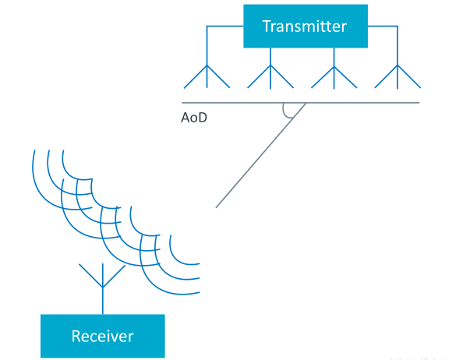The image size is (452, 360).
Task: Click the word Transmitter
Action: (x=305, y=26)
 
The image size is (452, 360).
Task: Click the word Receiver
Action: (x=103, y=336)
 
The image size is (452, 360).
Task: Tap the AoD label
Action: (x=194, y=118)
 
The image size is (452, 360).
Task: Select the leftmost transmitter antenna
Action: (x=207, y=76)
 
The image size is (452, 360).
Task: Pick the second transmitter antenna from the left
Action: (x=270, y=76)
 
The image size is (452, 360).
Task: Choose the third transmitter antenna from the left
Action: (x=334, y=77)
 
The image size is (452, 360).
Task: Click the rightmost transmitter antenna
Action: (x=397, y=76)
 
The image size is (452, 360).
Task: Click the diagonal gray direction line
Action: (x=261, y=155)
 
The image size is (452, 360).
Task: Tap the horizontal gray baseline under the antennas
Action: (x=300, y=103)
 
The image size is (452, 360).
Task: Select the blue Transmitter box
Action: (x=305, y=26)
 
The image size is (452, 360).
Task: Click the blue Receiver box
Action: (x=103, y=336)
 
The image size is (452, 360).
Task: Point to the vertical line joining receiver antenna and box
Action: (x=103, y=301)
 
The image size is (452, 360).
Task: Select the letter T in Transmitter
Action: (x=267, y=26)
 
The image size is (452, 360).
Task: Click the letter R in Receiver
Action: (x=76, y=336)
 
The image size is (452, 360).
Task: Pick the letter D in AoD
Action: (x=203, y=118)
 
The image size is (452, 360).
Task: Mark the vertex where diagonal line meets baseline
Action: (x=305, y=103)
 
